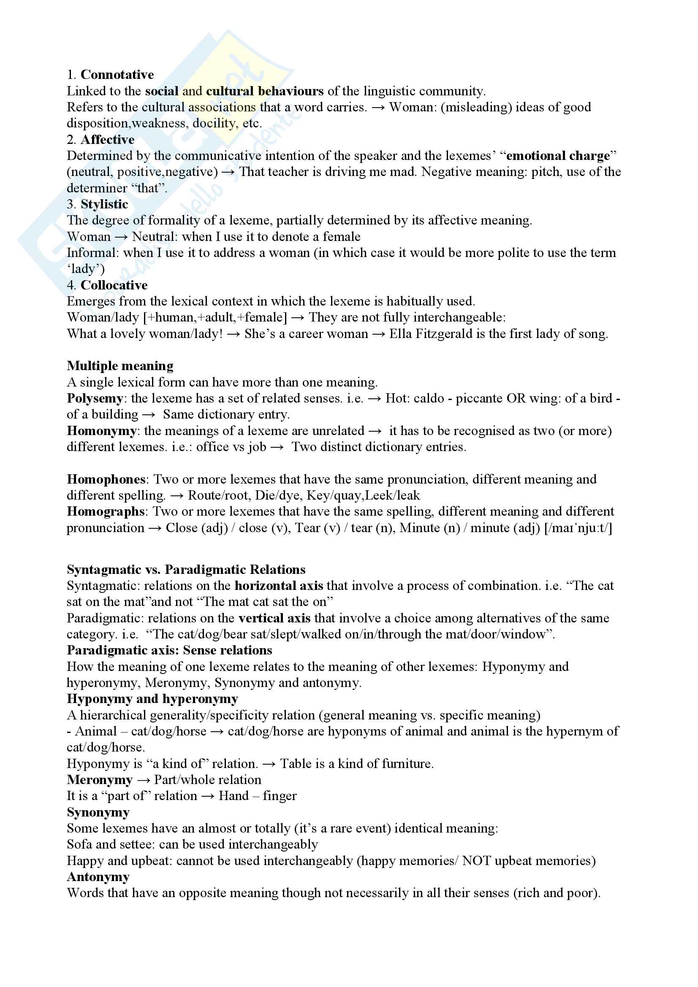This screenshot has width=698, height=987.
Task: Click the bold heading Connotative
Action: click(117, 75)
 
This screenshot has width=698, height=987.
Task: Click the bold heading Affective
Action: click(108, 140)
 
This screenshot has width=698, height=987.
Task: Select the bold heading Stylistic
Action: click(104, 204)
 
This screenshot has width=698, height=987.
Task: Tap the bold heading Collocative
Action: click(114, 285)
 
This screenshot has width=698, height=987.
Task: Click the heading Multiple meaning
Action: click(120, 366)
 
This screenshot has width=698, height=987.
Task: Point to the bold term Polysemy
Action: click(95, 398)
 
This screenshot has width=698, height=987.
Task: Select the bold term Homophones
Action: click(106, 479)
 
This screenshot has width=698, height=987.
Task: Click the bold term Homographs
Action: click(106, 511)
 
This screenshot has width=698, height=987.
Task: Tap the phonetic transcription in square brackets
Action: click(578, 528)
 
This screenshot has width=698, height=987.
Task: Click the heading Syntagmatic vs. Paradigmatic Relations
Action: click(186, 570)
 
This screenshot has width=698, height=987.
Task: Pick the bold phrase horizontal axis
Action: click(279, 586)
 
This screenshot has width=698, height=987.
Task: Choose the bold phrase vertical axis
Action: click(274, 618)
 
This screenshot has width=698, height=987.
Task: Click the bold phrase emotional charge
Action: click(558, 156)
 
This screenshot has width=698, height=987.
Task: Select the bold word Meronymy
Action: click(99, 780)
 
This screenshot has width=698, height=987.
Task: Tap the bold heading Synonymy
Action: click(98, 812)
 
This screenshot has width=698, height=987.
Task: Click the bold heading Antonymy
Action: click(98, 877)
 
